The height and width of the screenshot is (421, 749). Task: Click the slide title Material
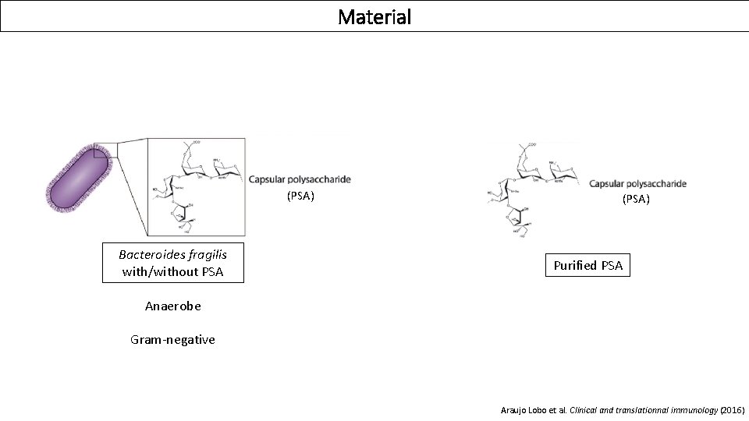click(x=374, y=16)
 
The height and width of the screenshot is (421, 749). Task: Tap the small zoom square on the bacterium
click(x=105, y=150)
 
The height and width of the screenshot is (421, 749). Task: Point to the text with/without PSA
click(x=172, y=272)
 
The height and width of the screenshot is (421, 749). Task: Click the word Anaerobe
click(x=172, y=306)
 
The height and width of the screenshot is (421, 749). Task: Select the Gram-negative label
click(x=172, y=340)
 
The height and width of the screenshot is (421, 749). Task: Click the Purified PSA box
click(x=587, y=266)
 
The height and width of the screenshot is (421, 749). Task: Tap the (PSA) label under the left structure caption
click(x=300, y=196)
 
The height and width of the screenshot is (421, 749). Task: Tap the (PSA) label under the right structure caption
click(x=636, y=199)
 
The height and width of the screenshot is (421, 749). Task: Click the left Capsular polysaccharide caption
click(x=300, y=179)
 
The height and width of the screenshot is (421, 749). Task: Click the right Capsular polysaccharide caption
click(x=637, y=184)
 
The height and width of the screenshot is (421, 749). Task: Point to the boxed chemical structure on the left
click(x=197, y=187)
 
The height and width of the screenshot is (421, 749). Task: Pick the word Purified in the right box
click(x=575, y=266)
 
